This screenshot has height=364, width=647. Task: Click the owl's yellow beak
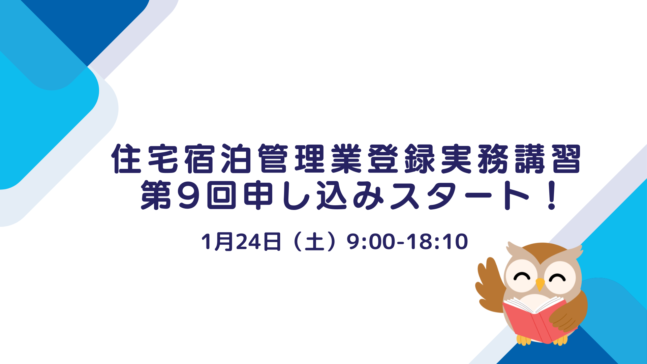(540, 284)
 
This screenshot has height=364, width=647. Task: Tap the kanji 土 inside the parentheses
(314, 242)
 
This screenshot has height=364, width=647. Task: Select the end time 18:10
(438, 242)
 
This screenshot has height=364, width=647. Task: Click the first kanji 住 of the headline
(126, 159)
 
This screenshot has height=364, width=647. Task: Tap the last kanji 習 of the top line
(566, 159)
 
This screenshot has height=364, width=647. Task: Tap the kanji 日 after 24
(272, 242)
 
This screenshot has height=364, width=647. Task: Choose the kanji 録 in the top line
(420, 159)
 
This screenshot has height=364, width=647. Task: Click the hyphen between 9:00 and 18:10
(401, 243)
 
